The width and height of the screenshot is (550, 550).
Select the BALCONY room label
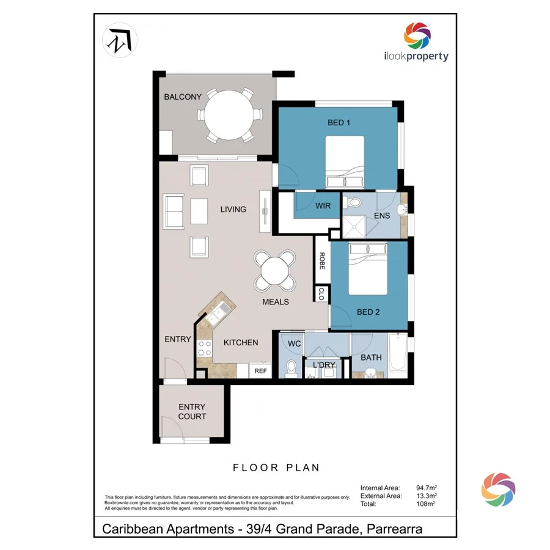(x=182, y=97)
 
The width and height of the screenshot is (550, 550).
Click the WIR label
(x=323, y=206)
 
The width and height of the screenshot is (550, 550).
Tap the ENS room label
(x=382, y=216)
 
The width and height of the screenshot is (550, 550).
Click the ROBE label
(x=321, y=261)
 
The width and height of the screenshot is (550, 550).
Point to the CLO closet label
(x=321, y=294)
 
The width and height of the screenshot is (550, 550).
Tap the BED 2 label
(x=368, y=312)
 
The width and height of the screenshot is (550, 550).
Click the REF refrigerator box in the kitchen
(x=260, y=370)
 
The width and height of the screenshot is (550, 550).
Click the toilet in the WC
(x=291, y=369)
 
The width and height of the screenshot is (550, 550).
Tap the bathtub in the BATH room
(x=398, y=353)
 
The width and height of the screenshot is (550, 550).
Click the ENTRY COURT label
(x=192, y=411)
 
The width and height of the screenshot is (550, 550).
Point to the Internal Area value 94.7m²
(x=426, y=488)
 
